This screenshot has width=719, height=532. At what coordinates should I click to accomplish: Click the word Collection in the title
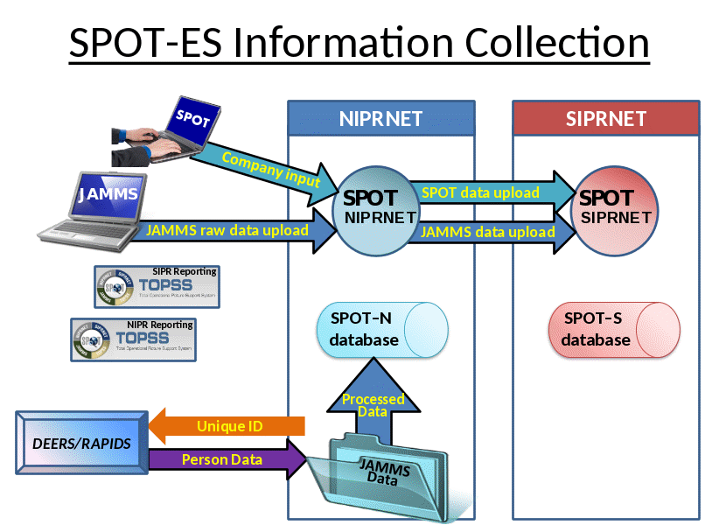556,44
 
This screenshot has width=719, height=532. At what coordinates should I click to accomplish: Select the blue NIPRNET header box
381,118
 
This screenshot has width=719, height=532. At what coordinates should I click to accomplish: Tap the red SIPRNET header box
605,118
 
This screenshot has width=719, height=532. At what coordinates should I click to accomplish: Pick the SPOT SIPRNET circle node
617,208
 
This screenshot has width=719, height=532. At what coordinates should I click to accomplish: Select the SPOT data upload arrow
490,192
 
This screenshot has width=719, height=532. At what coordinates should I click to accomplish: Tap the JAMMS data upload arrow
490,233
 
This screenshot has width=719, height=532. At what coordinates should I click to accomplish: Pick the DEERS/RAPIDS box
82,444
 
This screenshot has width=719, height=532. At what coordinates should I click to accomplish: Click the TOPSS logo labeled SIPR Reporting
157,286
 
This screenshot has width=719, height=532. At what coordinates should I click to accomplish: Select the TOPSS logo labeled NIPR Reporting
133,339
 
